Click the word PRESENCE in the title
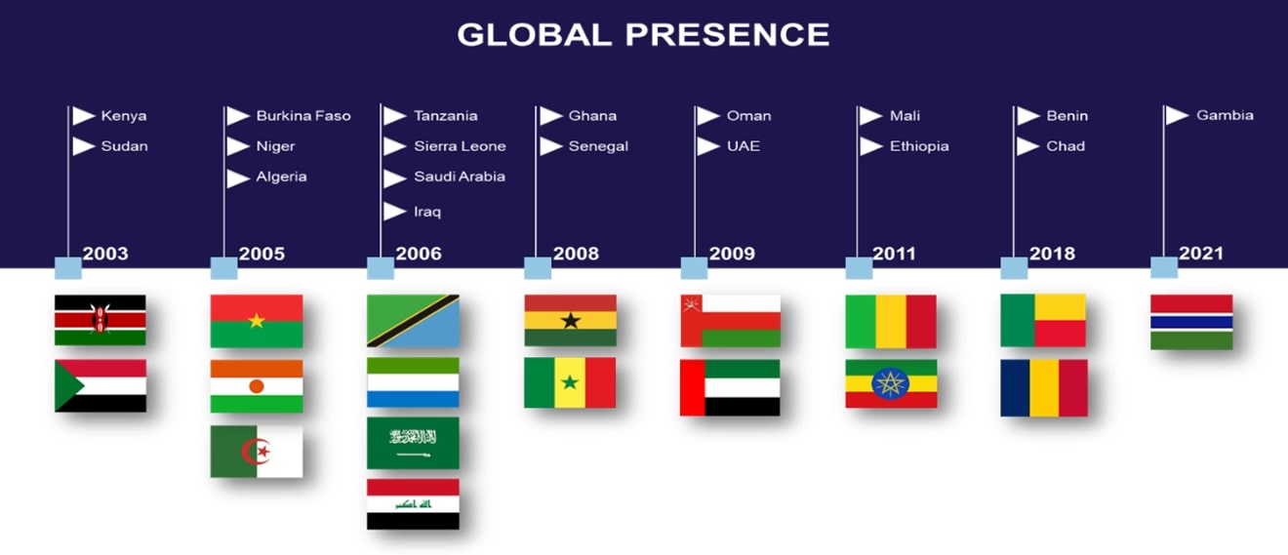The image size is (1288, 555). (x=727, y=34)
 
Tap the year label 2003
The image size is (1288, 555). (x=105, y=254)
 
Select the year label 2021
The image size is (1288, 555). (x=1200, y=254)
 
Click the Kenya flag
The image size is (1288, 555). (x=101, y=320)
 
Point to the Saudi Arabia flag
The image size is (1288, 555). (x=413, y=443)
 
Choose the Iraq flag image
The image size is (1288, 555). (x=413, y=504)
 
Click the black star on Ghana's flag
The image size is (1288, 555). (x=571, y=321)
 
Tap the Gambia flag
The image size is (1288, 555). (x=1191, y=322)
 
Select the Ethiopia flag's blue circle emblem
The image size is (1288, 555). (x=890, y=383)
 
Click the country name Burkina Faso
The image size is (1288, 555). (x=303, y=115)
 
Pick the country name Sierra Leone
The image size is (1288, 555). (x=460, y=146)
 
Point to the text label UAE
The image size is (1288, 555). (x=743, y=146)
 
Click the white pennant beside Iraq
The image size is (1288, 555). (x=394, y=212)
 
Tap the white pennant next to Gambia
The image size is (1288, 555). (x=1177, y=115)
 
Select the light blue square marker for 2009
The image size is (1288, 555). (x=694, y=267)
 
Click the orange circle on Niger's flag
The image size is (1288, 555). (x=257, y=386)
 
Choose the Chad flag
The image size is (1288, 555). (x=1044, y=388)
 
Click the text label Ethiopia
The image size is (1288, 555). (x=919, y=146)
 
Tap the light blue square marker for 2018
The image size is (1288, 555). (x=1014, y=267)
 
